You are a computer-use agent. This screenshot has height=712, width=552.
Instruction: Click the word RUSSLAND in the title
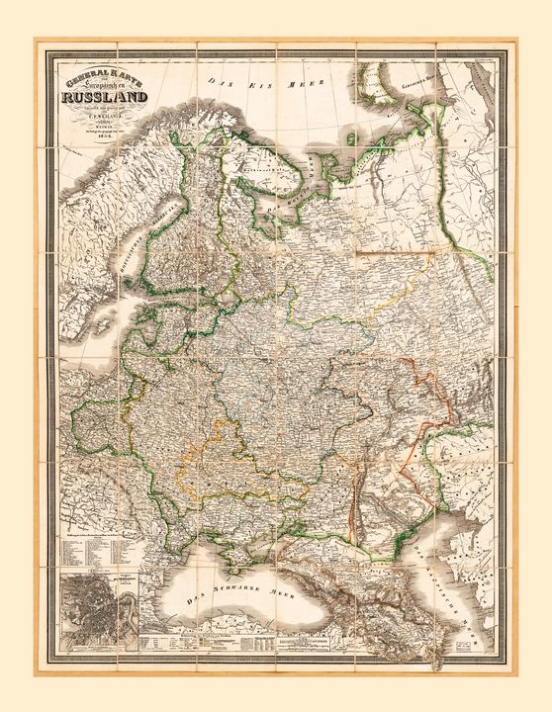103,97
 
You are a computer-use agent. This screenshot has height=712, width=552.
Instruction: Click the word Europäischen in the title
107,86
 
